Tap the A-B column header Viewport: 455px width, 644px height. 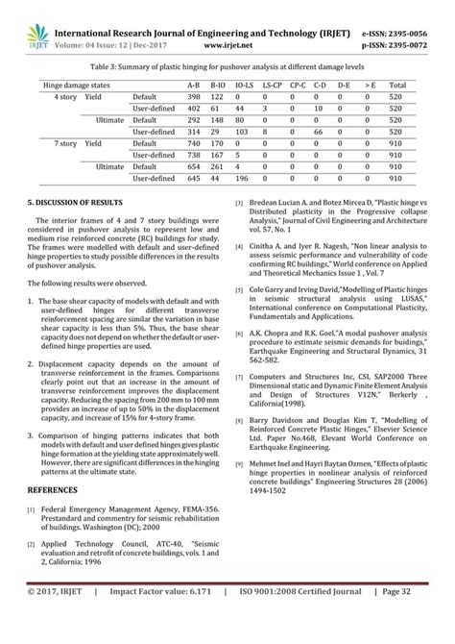coord(193,86)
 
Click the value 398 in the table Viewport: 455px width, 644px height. coord(193,98)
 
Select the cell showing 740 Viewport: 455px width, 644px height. coord(193,140)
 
